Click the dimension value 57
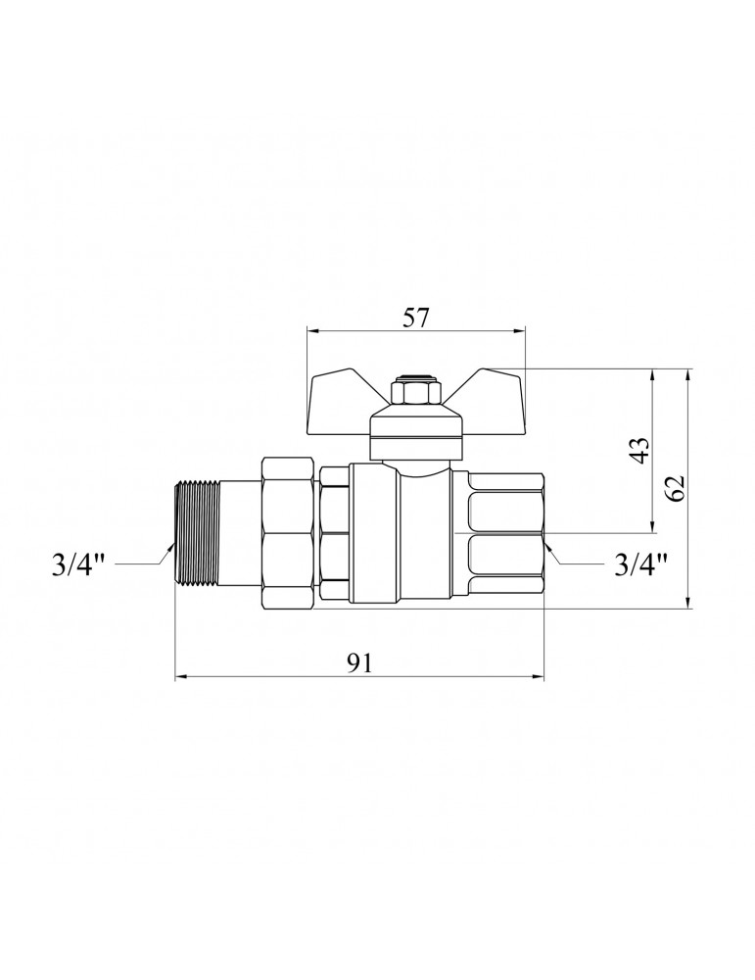click(x=416, y=318)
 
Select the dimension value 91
click(x=359, y=663)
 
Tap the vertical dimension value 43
click(x=641, y=450)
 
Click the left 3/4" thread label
click(x=76, y=565)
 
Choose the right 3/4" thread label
click(x=640, y=565)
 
